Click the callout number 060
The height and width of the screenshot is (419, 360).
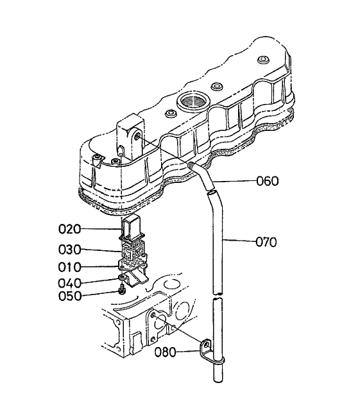coord(267,181)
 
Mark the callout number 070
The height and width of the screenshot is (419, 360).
coord(265,243)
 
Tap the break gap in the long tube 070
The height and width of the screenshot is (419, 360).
coord(219,295)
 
